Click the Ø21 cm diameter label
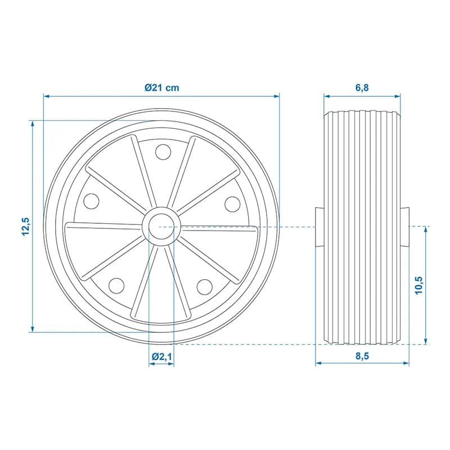(161, 88)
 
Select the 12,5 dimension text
(25, 226)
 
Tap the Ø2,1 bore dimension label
(161, 356)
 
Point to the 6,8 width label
(362, 88)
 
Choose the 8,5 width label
(362, 355)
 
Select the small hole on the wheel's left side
(91, 202)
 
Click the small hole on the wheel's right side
(232, 202)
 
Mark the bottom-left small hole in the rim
(116, 286)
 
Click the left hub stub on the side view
(319, 227)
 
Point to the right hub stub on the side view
(405, 227)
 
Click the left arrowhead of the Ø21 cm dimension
(46, 96)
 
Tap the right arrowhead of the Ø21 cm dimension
(277, 96)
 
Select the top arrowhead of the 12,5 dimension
(33, 123)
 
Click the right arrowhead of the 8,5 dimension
(406, 363)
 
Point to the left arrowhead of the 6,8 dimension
(326, 96)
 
